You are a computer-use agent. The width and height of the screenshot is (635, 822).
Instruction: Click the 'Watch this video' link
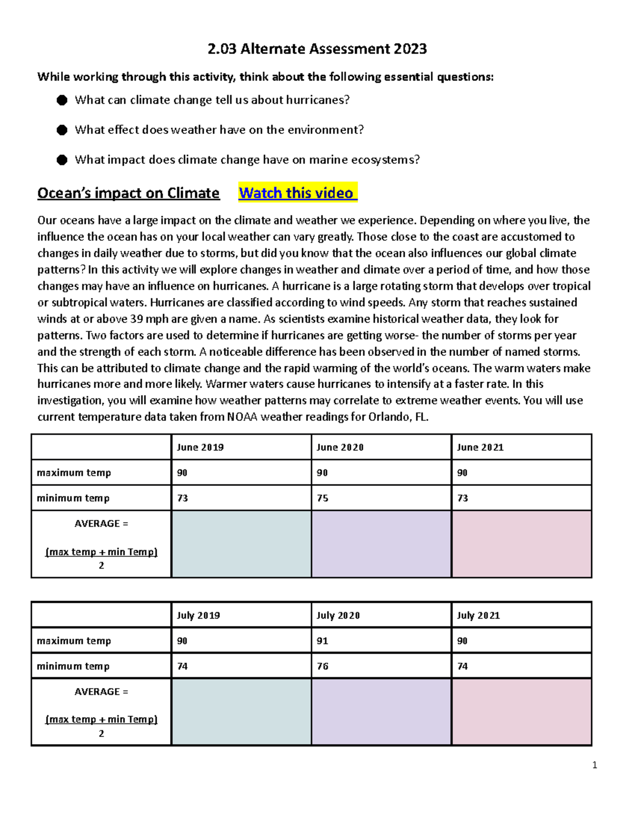coord(297,193)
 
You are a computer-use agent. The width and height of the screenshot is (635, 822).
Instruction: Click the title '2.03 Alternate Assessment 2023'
coord(317,49)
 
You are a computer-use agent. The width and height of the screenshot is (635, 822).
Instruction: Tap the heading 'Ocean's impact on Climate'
coord(128,193)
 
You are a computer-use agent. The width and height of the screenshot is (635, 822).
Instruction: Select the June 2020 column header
coord(340,447)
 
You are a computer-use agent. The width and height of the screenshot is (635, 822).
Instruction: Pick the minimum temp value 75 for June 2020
coord(322,498)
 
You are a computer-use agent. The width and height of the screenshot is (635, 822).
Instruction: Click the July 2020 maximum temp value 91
coord(322,641)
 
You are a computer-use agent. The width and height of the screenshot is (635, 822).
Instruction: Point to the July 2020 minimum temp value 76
coord(322,666)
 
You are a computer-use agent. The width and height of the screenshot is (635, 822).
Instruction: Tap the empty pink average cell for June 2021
coord(521,544)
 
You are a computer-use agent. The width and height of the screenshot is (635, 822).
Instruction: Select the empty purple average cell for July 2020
coord(381,712)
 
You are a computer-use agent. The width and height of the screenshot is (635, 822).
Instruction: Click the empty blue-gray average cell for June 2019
coord(241,544)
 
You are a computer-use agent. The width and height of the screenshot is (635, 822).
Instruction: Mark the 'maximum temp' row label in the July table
coord(74,641)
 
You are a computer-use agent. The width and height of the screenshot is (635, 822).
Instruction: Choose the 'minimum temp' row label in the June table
coord(73,498)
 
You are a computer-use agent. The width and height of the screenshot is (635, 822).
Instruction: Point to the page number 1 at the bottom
coord(595,765)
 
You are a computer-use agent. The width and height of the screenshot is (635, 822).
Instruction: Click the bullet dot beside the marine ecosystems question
coord(62,160)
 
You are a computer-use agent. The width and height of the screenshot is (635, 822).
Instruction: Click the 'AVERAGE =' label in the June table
coord(101,523)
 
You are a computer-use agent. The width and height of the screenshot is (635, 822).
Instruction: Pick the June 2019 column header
coord(200,447)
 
